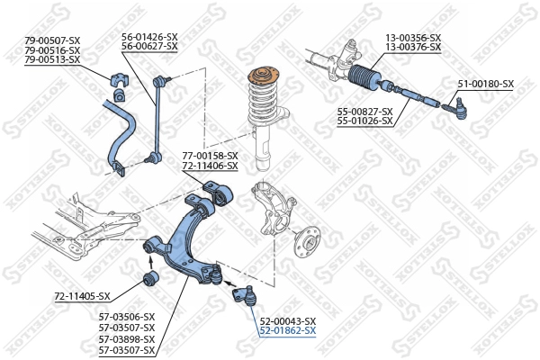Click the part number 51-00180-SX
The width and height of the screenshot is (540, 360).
coord(485,84)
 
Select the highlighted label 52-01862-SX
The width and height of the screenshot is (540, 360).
coord(288,331)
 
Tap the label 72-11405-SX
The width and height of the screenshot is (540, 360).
coord(82,296)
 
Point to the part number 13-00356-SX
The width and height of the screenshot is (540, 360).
coord(413,37)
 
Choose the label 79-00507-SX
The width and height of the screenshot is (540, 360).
coord(52,40)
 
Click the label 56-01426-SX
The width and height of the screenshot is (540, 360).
coord(149,37)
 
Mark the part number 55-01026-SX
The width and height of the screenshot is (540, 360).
coord(365,121)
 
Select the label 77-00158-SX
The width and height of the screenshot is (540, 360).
coord(210,156)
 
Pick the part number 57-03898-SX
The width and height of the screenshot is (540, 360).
coord(126,340)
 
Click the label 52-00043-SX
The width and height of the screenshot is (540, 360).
coord(288,321)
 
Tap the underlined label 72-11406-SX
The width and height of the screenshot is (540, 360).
coord(210,166)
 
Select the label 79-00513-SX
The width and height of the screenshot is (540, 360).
coord(52,60)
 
